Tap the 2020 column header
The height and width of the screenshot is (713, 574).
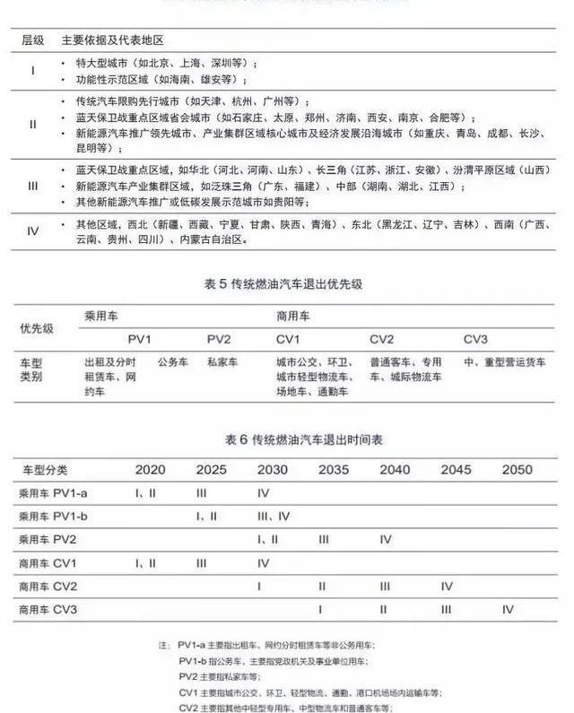coord(151,470)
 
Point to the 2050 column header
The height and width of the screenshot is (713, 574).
coord(517,470)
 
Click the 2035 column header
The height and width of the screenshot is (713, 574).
coord(334,470)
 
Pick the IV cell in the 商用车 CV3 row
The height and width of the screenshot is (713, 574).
coord(508,609)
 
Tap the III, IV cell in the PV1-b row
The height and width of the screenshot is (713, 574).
coord(273,517)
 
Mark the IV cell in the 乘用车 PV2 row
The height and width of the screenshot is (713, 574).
coord(386,540)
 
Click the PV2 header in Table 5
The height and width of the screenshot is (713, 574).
coord(219,340)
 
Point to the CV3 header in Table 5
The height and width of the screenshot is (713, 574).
coord(475,340)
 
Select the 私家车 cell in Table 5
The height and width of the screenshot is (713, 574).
coord(222,362)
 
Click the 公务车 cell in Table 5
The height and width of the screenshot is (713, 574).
coord(173,362)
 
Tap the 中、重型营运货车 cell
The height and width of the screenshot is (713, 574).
coord(505,362)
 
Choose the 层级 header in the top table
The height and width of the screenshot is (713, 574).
coord(32,41)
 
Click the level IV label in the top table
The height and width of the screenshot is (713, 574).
coord(33,231)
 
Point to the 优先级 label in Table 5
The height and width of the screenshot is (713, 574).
coord(37,328)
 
